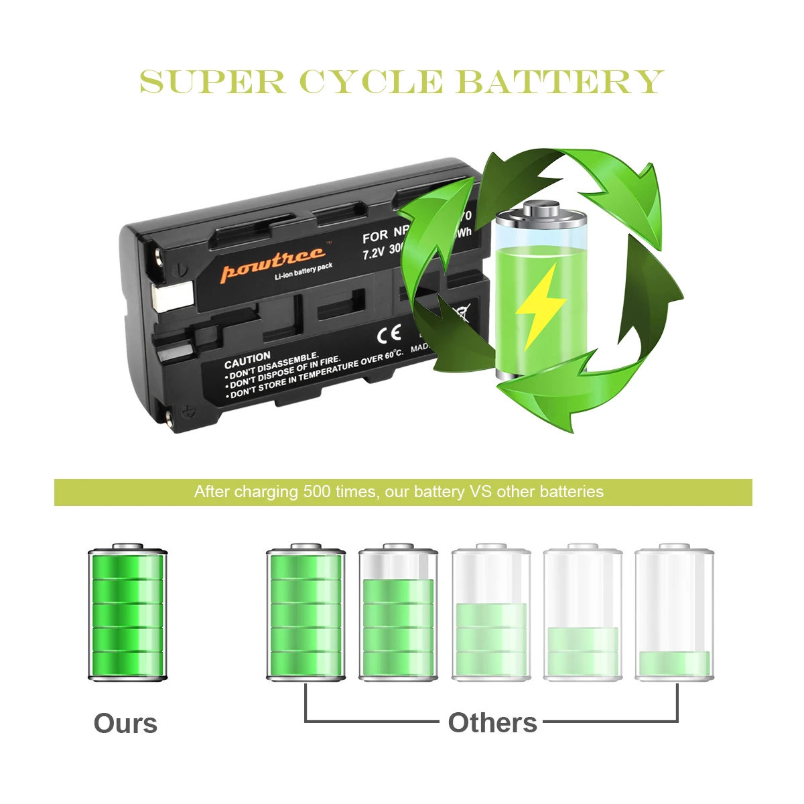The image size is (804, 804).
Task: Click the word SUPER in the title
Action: pos(212,82)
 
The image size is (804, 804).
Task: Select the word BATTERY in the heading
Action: pos(559,82)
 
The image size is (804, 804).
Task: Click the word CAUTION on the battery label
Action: pos(247,360)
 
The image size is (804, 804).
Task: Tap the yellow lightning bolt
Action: pos(539,305)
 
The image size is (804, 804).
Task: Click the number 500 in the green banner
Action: pos(316,492)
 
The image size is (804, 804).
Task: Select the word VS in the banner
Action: pos(480,492)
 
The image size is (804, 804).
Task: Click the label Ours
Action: pos(125,724)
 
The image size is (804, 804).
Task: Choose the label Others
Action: pos(492,723)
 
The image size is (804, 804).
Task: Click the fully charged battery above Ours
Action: pos(127,613)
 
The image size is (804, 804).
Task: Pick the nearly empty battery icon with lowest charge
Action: pos(674,613)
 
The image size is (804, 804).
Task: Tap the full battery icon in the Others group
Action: pos(306,613)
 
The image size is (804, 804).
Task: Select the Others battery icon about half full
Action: pos(490,613)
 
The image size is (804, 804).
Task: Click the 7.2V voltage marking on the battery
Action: pos(373,253)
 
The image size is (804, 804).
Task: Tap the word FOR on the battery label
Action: pos(375,237)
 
